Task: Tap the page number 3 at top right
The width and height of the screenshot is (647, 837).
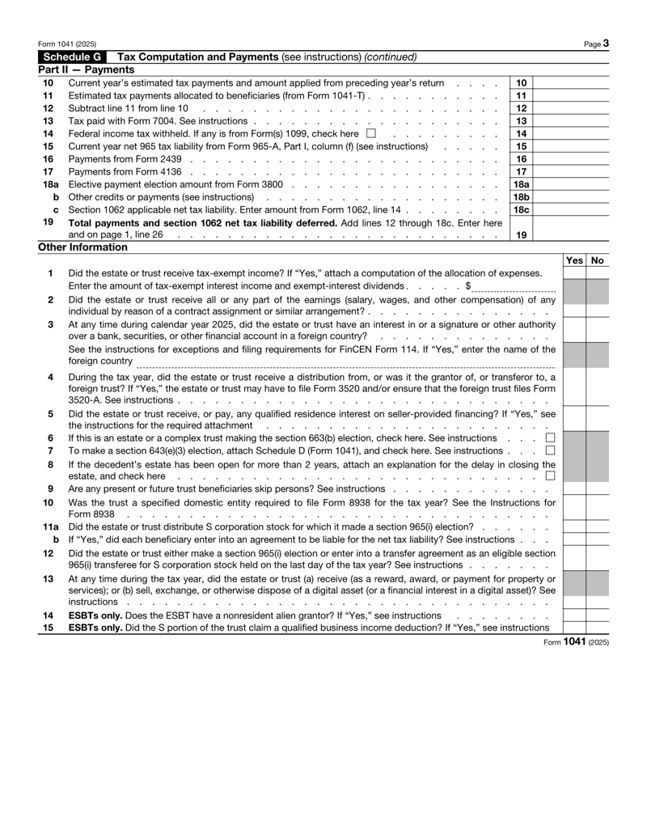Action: tap(605, 43)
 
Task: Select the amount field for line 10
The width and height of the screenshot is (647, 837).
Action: tap(570, 82)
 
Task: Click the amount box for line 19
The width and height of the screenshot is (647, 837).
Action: tap(570, 235)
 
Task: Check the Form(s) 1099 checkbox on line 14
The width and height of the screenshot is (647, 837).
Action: tap(370, 133)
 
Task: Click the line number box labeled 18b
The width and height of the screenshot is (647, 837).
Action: tap(522, 197)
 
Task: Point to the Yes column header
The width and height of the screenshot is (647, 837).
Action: tap(573, 261)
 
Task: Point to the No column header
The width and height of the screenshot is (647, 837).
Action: tap(598, 261)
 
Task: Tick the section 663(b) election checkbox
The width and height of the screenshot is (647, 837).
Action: tap(550, 438)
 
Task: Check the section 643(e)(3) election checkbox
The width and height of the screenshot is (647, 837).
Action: tap(550, 450)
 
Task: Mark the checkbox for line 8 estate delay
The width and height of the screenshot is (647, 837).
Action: tap(550, 476)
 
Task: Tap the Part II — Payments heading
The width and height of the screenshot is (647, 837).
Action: tap(86, 70)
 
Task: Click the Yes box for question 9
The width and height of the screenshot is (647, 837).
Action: tap(573, 488)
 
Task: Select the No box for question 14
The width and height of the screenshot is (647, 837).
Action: tap(598, 615)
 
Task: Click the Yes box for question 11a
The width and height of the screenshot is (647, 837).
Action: tap(573, 526)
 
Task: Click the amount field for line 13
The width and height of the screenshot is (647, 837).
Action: tap(570, 120)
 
